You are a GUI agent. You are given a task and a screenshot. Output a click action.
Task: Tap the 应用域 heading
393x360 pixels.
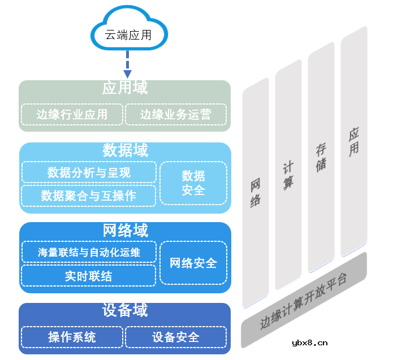point(124,88)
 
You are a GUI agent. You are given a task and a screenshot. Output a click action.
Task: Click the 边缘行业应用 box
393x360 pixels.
point(72,115)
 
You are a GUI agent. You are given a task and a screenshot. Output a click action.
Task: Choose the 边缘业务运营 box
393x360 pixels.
point(175,115)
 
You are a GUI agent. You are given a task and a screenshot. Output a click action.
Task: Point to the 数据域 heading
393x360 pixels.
point(124,150)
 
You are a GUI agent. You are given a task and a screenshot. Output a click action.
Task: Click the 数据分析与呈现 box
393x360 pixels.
point(89,172)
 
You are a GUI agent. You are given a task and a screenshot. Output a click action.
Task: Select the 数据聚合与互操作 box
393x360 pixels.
point(89,196)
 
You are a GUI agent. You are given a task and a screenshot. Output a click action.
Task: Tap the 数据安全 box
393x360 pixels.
point(193,183)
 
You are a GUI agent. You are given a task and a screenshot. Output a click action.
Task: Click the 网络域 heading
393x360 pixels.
point(124,231)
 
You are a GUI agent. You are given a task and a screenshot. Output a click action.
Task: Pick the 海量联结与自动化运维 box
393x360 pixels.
point(89,252)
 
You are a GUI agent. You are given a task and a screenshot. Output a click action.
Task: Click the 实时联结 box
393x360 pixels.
point(89,276)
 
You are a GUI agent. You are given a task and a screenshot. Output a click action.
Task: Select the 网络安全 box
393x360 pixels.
point(193,263)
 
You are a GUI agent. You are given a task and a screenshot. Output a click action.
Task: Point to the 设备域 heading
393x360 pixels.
point(124,310)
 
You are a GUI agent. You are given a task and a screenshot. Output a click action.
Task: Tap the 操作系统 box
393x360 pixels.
point(72,337)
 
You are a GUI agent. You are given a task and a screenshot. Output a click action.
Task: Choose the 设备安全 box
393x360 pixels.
point(175,337)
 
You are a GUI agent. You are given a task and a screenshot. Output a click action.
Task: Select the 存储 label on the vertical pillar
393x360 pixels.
point(321,158)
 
